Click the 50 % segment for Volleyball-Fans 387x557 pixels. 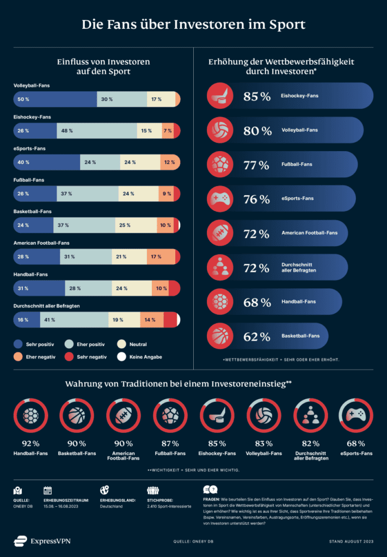54,100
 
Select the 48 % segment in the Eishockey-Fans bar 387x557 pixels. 96,131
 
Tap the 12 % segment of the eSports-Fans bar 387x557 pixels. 170,162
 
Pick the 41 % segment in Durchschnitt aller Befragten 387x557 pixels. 73,320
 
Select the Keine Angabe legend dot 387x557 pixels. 121,357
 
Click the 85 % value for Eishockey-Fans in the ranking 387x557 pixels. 256,96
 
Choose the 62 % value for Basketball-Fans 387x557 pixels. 256,336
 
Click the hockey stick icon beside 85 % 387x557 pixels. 220,96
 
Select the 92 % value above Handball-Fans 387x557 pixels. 30,443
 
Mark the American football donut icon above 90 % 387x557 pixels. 122,416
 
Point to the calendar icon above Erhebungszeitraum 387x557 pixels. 47,490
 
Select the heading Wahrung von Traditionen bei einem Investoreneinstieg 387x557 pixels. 178,384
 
